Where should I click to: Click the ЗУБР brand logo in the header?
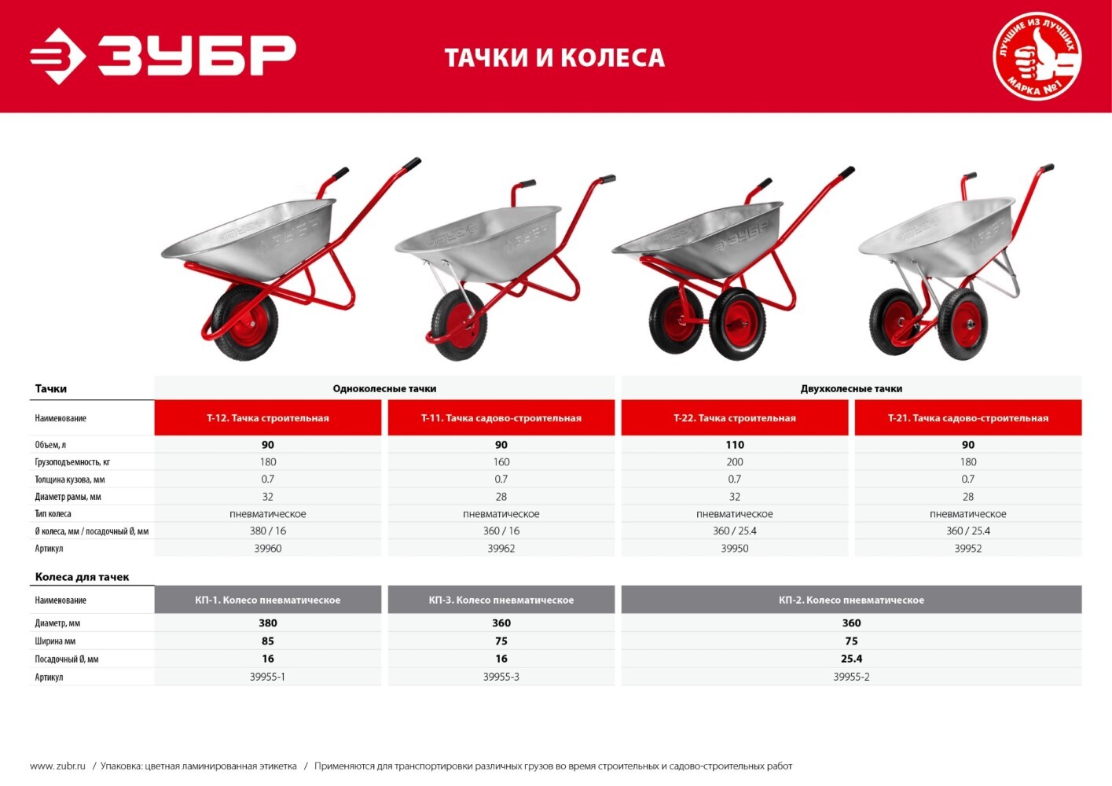click(x=163, y=56)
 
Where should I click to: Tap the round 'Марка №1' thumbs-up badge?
click(x=1037, y=56)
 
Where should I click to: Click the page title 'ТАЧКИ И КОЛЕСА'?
click(x=555, y=57)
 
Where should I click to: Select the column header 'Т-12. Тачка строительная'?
click(x=267, y=417)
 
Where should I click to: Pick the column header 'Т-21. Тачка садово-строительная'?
click(x=968, y=417)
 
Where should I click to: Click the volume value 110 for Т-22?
click(x=735, y=445)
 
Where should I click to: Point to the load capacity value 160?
click(x=501, y=461)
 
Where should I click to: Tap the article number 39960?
click(x=267, y=548)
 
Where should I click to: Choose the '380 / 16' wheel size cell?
click(x=267, y=531)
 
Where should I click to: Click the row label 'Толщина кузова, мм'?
click(x=69, y=479)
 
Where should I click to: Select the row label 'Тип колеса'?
click(x=53, y=514)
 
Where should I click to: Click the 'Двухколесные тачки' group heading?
click(x=851, y=389)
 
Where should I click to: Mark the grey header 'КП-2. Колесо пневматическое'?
click(x=851, y=600)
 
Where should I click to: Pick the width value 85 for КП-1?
click(x=267, y=641)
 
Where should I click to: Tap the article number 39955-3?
click(x=501, y=677)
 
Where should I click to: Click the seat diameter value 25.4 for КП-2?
click(x=851, y=659)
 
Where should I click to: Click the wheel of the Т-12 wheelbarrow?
click(x=244, y=323)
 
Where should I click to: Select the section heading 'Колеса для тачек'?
click(x=82, y=577)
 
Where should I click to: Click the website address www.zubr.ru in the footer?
click(x=57, y=766)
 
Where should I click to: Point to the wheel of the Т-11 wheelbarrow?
click(x=459, y=325)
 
